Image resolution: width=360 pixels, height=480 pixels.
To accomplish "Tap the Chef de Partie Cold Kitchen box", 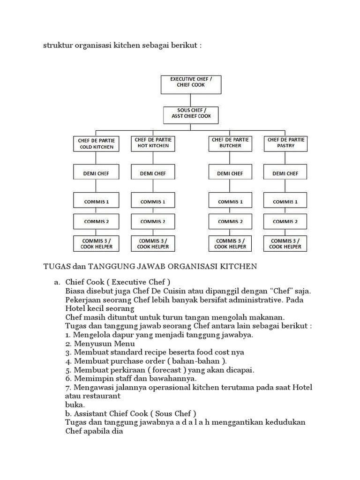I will (x=97, y=143).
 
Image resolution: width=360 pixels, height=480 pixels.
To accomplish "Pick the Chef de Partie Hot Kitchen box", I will (x=153, y=143).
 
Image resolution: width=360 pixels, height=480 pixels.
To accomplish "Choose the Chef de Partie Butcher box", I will (x=230, y=143).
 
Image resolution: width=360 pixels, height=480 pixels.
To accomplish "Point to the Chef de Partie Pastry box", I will (x=285, y=143).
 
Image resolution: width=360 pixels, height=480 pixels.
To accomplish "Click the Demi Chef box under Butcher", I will (x=230, y=173).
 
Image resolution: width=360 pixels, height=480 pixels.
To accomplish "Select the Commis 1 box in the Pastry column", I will (x=285, y=202).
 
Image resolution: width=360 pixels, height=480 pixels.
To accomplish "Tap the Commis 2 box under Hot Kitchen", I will (x=153, y=221).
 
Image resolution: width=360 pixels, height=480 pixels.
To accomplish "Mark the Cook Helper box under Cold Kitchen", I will (x=97, y=243).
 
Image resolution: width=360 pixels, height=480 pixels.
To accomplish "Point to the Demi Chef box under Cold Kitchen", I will (x=97, y=173).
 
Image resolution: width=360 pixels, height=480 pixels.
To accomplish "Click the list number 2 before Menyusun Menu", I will (x=68, y=344).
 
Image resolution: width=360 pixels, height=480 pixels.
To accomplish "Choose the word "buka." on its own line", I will (x=75, y=404).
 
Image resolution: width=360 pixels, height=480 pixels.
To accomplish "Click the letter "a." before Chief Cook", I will (x=58, y=282).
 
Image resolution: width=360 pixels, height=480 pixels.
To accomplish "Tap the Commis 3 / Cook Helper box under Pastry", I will (x=285, y=243).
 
